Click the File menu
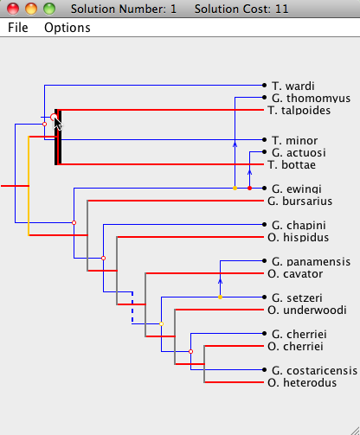[x=18, y=28]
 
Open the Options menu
[x=67, y=28]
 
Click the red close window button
[x=13, y=9]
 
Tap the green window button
[x=49, y=9]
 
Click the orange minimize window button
[x=31, y=9]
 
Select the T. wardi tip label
[x=293, y=86]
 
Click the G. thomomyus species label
[x=311, y=98]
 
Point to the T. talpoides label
[x=299, y=110]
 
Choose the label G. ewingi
[x=297, y=189]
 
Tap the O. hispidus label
[x=299, y=237]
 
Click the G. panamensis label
[x=311, y=261]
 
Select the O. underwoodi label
[x=307, y=310]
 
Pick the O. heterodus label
[x=302, y=382]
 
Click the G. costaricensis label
[x=314, y=370]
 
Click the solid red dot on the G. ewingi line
[x=250, y=189]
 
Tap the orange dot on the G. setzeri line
[x=220, y=297]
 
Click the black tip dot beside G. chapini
[x=264, y=225]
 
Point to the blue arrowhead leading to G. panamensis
[x=220, y=281]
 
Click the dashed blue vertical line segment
[x=132, y=308]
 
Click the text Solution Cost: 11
[x=241, y=9]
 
